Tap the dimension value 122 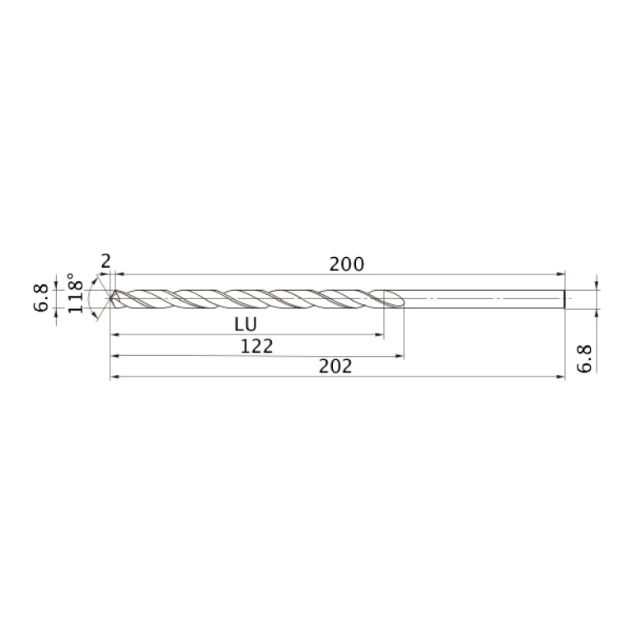coord(256,346)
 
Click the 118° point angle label coord(76,293)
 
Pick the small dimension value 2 coord(105,261)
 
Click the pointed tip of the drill coord(111,298)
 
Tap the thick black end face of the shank coord(564,298)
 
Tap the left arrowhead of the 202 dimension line coord(115,377)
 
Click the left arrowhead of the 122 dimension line coord(115,356)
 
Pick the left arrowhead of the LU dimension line coord(115,335)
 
